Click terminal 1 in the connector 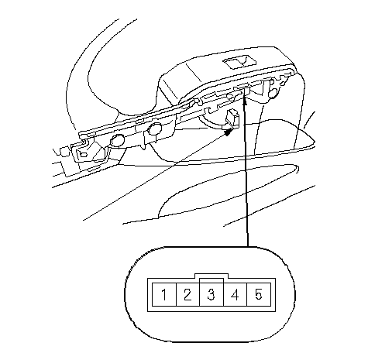pos(164,294)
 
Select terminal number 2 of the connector pos(187,294)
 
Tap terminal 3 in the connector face pos(212,294)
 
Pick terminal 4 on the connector pos(236,294)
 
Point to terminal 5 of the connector pos(259,294)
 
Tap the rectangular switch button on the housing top pos(239,63)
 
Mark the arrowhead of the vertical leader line pos(245,101)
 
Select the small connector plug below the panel pos(232,118)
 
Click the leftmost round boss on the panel pos(118,141)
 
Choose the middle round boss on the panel pos(155,129)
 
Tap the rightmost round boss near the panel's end pos(273,93)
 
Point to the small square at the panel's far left pos(64,152)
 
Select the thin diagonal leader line pos(155,177)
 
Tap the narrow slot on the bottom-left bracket pos(94,169)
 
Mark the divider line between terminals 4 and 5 pos(247,294)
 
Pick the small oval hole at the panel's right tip pos(284,84)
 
